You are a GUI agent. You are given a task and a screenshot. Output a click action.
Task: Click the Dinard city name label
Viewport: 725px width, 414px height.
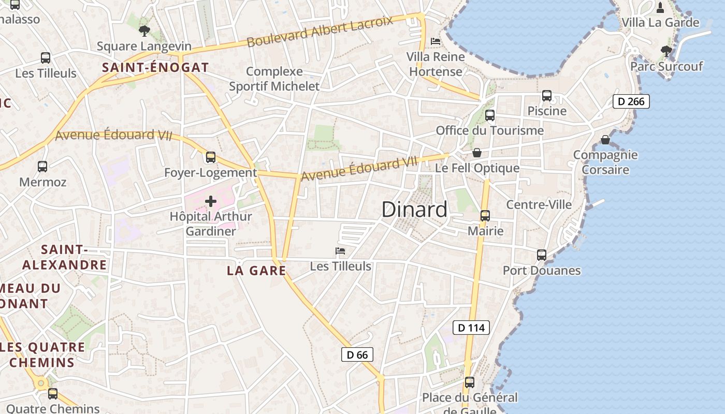click(x=414, y=210)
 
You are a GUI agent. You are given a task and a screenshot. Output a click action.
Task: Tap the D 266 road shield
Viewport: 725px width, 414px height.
click(x=631, y=101)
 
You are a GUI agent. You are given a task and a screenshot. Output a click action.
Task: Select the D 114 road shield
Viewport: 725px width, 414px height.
click(x=471, y=328)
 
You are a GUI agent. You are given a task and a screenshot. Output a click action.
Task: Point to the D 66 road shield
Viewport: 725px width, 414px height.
click(x=357, y=354)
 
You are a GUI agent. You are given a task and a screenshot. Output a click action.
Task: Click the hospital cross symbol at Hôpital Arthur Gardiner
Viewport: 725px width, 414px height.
click(x=211, y=201)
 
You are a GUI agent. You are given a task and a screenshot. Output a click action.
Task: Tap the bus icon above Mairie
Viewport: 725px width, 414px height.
click(x=485, y=216)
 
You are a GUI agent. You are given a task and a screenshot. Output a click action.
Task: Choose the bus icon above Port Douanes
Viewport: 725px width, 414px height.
click(x=542, y=255)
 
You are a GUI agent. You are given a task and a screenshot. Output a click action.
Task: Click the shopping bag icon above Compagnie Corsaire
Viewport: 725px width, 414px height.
click(x=605, y=140)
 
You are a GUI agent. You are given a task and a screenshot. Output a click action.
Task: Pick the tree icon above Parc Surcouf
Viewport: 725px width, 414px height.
click(x=666, y=51)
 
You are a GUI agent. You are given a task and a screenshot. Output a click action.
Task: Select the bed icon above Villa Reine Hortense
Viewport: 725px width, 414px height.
click(x=436, y=41)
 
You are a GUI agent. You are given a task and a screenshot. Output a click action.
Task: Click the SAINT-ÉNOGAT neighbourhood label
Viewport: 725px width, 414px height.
click(x=155, y=67)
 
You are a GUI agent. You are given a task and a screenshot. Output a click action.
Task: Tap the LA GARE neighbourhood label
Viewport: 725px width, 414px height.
click(x=256, y=271)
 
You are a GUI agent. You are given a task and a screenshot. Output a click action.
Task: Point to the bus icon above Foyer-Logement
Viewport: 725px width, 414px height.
click(x=211, y=157)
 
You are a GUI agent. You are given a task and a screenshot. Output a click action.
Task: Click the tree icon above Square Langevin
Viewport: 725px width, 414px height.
click(x=144, y=31)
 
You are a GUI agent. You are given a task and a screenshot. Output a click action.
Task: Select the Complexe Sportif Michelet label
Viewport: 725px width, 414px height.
click(x=274, y=79)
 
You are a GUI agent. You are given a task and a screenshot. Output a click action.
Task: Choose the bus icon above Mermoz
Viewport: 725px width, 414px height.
click(x=42, y=167)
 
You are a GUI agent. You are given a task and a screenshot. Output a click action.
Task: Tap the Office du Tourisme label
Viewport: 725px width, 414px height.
click(x=490, y=130)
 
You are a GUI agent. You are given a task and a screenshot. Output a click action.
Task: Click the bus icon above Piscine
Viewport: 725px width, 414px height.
click(x=547, y=96)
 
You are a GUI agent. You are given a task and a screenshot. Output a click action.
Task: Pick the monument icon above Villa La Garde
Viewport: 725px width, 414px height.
click(x=660, y=8)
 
